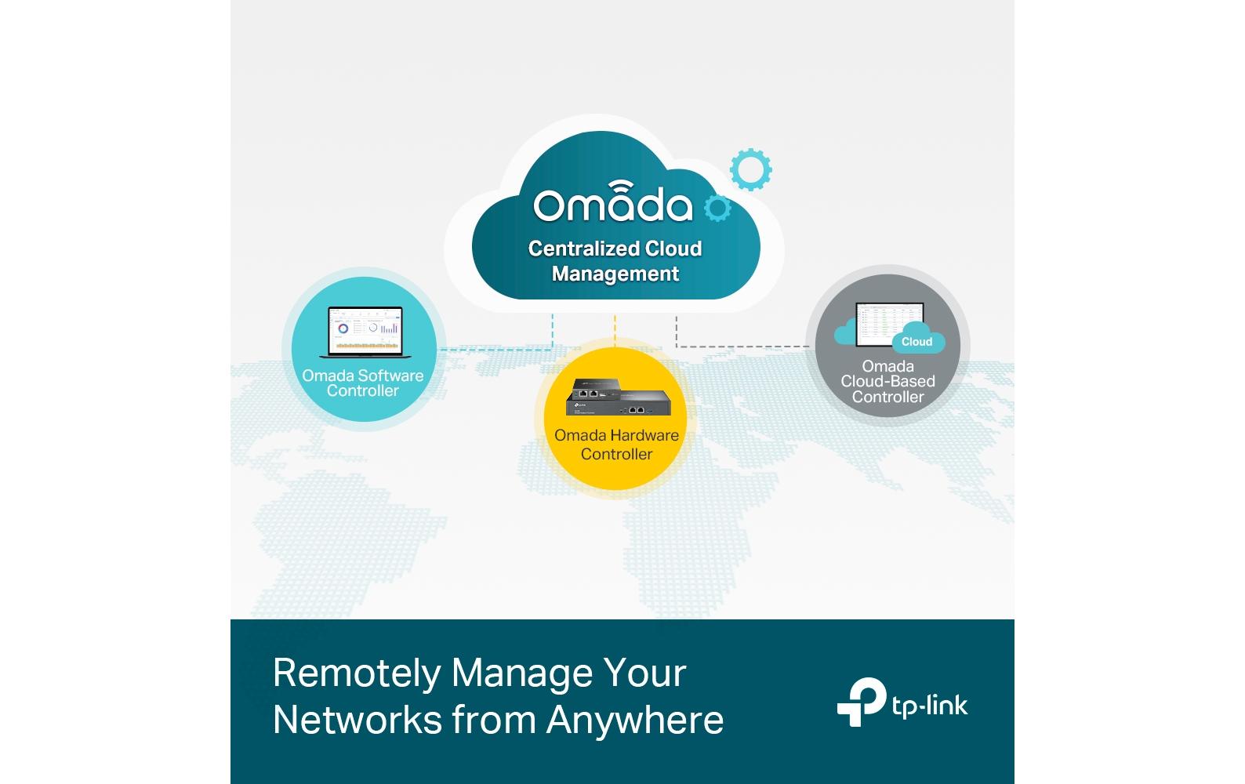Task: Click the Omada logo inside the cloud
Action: (613, 201)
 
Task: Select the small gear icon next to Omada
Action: (717, 209)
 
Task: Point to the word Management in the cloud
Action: (615, 274)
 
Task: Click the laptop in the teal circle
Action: (365, 332)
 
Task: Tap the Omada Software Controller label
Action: (362, 383)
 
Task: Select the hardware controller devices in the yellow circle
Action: (618, 397)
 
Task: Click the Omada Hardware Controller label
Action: (616, 445)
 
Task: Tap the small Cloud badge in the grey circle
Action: (917, 341)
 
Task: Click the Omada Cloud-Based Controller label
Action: (887, 382)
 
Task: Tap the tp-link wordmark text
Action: (929, 706)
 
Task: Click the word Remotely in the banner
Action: (357, 673)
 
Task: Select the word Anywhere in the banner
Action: (635, 720)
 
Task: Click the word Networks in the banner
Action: (358, 720)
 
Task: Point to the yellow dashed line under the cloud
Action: (615, 331)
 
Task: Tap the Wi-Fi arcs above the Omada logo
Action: (620, 186)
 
